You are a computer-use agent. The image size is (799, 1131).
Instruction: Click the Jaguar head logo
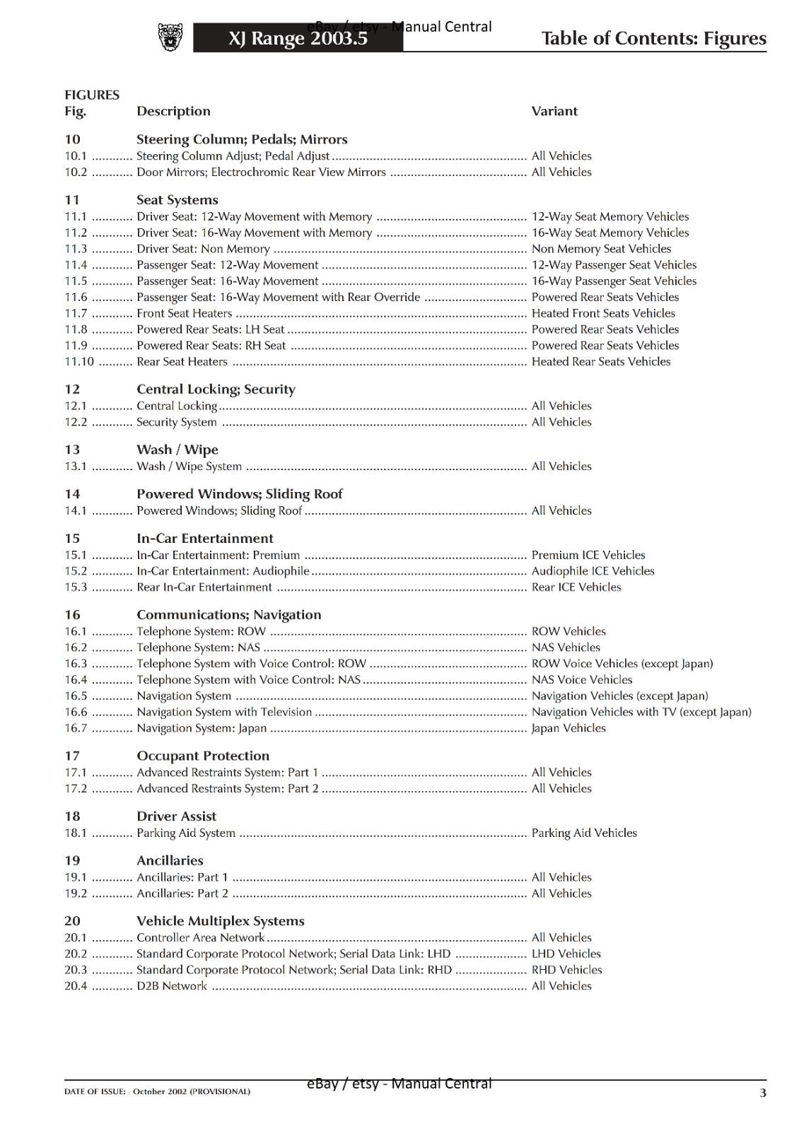(170, 37)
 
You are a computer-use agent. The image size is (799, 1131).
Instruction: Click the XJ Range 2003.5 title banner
(298, 38)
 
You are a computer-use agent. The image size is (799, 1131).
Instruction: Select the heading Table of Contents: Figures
(653, 38)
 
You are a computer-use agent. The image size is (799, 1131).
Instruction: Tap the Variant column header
(554, 111)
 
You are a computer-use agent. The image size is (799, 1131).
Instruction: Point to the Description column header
(173, 111)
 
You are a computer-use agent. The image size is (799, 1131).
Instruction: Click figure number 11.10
(79, 362)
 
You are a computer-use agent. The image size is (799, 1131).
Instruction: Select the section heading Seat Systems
(177, 200)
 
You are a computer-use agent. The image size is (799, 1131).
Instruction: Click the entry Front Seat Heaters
(184, 313)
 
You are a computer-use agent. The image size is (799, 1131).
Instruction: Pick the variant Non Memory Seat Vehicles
(601, 249)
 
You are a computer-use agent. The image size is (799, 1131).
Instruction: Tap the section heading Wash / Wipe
(177, 450)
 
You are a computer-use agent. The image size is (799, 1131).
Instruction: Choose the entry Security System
(176, 422)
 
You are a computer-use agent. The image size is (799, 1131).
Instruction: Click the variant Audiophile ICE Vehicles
(593, 571)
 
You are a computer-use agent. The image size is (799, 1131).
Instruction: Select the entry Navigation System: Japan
(202, 728)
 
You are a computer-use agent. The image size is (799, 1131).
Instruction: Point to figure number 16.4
(76, 680)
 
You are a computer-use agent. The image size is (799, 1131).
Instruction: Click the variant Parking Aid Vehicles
(584, 833)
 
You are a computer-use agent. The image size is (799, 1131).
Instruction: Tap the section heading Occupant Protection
(202, 756)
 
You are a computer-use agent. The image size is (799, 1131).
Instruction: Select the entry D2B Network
(172, 986)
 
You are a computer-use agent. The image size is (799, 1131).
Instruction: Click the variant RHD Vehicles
(566, 970)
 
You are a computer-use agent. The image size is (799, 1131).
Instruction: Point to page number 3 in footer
(762, 1093)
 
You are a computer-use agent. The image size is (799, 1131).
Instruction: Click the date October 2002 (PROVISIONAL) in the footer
(191, 1091)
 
